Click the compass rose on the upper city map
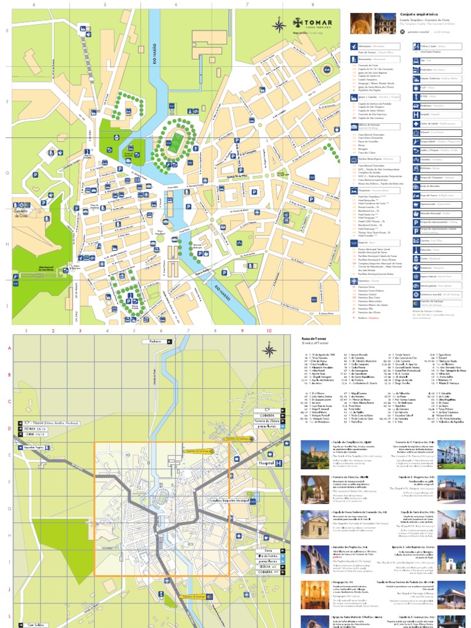(x=278, y=25)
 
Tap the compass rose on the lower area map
(x=269, y=350)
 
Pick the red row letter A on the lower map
(x=9, y=348)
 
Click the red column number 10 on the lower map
(x=268, y=331)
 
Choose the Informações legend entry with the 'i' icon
(x=354, y=46)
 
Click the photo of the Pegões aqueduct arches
(x=311, y=559)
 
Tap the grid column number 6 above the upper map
(x=176, y=5)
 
